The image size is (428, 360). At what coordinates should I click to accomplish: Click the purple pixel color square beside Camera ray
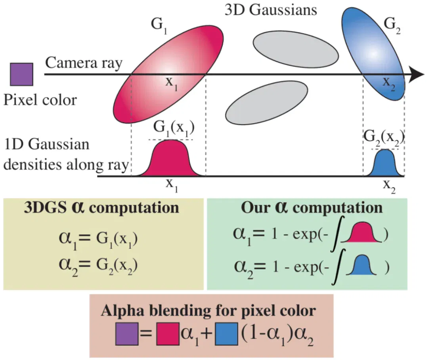pyautogui.click(x=21, y=74)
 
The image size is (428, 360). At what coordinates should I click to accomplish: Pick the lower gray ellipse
pyautogui.click(x=267, y=103)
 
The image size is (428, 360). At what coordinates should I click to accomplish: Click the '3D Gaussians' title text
pyautogui.click(x=271, y=10)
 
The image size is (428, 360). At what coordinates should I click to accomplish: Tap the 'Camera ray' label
pyautogui.click(x=84, y=63)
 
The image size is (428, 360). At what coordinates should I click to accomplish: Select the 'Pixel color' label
pyautogui.click(x=40, y=100)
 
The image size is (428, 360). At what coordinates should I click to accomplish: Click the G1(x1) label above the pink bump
pyautogui.click(x=174, y=128)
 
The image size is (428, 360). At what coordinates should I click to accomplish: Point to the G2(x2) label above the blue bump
pyautogui.click(x=384, y=137)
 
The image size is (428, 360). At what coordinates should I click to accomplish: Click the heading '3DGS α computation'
pyautogui.click(x=101, y=208)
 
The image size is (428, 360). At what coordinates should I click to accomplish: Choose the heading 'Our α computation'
pyautogui.click(x=312, y=208)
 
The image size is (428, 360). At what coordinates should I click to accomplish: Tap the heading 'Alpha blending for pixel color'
pyautogui.click(x=208, y=310)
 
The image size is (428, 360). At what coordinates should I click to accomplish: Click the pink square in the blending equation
pyautogui.click(x=168, y=334)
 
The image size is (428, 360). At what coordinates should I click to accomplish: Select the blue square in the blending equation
pyautogui.click(x=227, y=334)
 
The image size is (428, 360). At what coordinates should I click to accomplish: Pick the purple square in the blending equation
pyautogui.click(x=127, y=334)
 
